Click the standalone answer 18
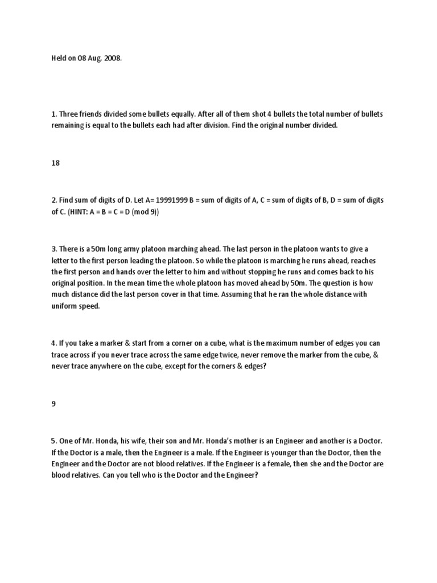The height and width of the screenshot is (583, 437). coord(55,163)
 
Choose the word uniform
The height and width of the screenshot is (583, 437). coord(65,306)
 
